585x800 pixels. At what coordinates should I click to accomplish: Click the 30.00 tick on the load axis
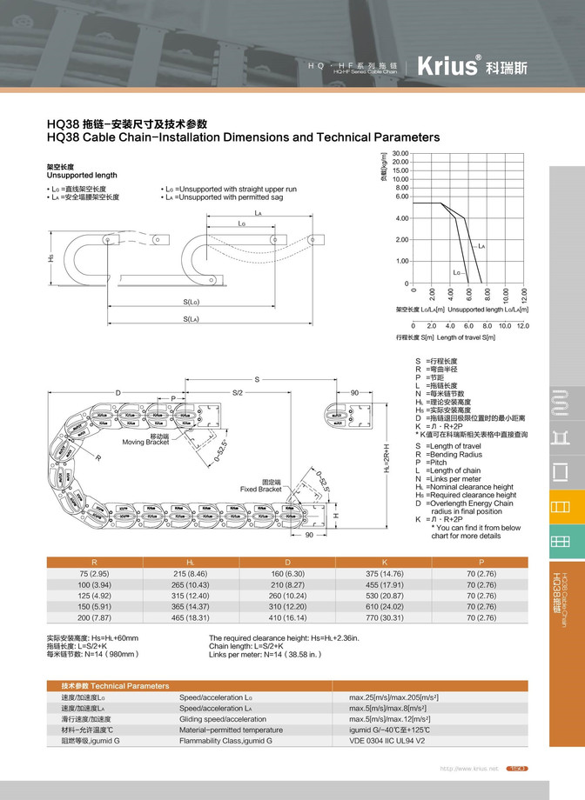pos(400,153)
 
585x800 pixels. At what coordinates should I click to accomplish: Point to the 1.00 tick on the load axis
pos(401,261)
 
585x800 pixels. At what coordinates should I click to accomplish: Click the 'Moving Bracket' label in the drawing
pos(145,443)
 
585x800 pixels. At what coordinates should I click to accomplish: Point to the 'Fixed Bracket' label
pos(261,490)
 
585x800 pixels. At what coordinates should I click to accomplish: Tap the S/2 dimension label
pos(237,393)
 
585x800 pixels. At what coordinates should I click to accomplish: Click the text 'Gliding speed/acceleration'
pos(223,719)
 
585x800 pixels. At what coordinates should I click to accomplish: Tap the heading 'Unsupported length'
pos(77,175)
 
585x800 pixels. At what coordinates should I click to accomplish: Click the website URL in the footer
pos(469,769)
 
